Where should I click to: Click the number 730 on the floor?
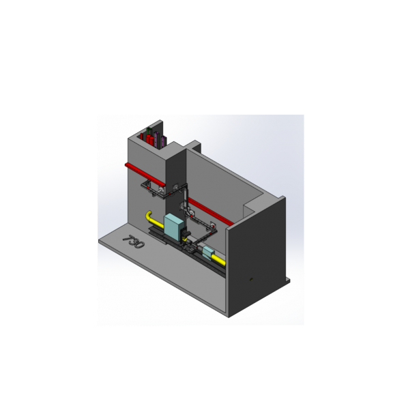[x=134, y=242]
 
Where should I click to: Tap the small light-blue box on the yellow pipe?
[x=208, y=252]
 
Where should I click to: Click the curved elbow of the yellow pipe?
[x=148, y=216]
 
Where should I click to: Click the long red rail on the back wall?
[x=210, y=211]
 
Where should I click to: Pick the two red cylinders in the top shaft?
[x=149, y=140]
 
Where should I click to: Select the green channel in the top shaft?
[x=149, y=132]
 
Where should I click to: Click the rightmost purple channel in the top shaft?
[x=164, y=141]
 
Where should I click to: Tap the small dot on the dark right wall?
[x=250, y=279]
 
